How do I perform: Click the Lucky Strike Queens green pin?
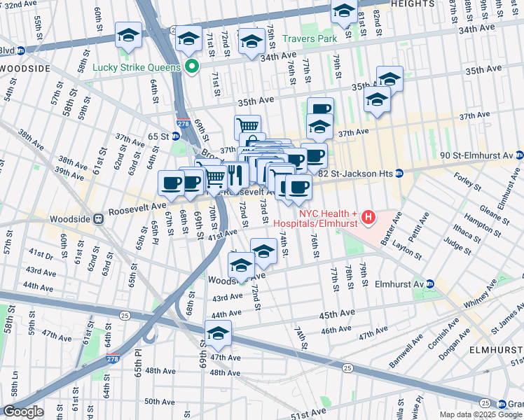coord(191,68)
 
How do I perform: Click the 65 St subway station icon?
coord(176,136)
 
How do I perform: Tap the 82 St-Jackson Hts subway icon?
coord(399,173)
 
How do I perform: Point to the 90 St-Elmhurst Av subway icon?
coord(519,155)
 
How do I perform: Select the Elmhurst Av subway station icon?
coord(430,284)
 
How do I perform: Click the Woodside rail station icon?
coord(99,218)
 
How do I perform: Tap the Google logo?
coord(22,411)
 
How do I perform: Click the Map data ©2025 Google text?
coord(480,414)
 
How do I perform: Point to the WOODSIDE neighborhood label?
coord(26,69)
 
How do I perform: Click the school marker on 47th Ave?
coord(218,334)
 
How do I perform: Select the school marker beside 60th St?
coord(129,36)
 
